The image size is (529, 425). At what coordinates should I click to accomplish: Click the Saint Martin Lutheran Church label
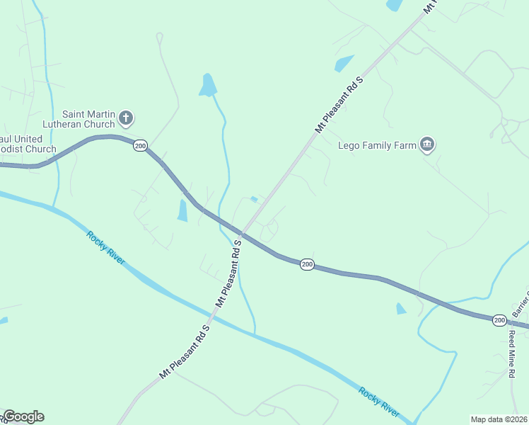(x=88, y=118)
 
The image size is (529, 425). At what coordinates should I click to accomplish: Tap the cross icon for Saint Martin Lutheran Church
(x=126, y=118)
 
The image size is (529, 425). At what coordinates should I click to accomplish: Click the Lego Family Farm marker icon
(x=426, y=145)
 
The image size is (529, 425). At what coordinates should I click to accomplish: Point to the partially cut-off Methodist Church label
(x=28, y=144)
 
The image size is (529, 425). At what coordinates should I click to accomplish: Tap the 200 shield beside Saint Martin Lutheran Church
(x=140, y=146)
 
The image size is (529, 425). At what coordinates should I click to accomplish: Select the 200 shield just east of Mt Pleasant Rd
(x=306, y=264)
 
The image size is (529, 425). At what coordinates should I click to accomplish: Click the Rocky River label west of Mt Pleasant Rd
(x=106, y=248)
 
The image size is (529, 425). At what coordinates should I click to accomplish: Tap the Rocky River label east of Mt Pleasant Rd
(x=378, y=401)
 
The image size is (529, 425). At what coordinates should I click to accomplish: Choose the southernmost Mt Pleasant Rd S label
(x=185, y=352)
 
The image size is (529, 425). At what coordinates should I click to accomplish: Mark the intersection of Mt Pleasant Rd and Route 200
(x=242, y=234)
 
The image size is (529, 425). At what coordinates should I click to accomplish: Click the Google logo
(x=23, y=416)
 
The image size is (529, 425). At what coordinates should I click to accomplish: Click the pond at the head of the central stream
(x=207, y=85)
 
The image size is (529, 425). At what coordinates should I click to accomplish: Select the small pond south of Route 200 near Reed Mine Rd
(x=402, y=309)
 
